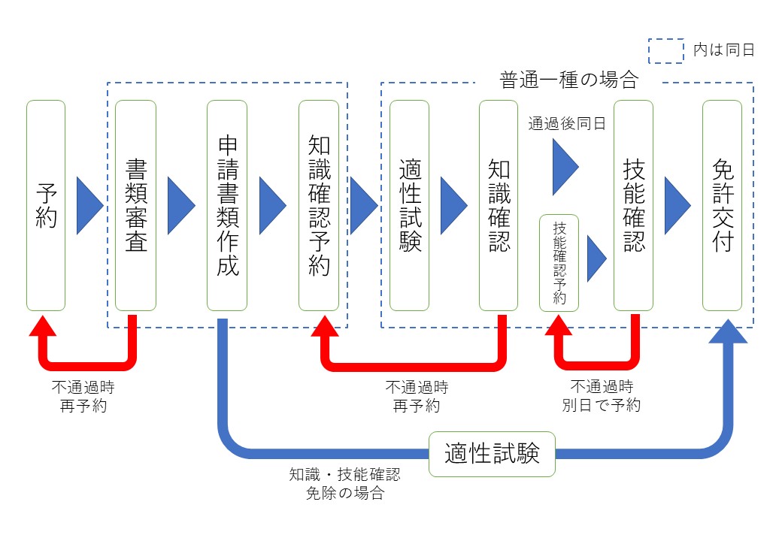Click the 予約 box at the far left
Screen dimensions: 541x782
pos(46,205)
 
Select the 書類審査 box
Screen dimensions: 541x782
pos(135,205)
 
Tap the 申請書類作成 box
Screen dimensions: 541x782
pos(227,205)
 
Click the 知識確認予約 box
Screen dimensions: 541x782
pos(318,205)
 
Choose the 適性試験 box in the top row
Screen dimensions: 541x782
pos(409,205)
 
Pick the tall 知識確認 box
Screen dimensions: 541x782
pos(499,205)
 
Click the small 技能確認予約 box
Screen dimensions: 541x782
pos(559,262)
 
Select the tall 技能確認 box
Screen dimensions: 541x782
pos(633,205)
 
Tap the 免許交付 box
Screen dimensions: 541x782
pos(722,205)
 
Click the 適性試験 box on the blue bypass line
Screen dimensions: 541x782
pos(492,454)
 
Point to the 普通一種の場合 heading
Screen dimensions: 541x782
pos(568,80)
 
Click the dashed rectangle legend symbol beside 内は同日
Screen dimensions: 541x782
pos(666,50)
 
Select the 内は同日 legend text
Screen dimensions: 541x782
pos(723,50)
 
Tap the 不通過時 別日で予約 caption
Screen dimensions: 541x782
pos(602,396)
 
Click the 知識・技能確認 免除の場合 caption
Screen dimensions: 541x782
pos(345,484)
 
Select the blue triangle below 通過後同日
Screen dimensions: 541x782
pos(565,167)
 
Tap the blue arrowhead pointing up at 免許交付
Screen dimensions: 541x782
pos(727,331)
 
